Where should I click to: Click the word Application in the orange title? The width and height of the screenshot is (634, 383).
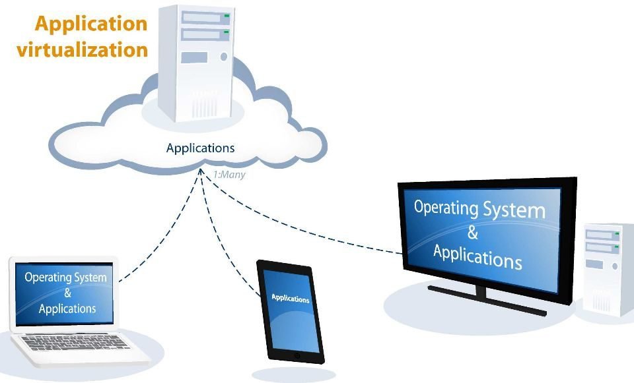[90, 23]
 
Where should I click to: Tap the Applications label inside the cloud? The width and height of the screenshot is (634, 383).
[200, 148]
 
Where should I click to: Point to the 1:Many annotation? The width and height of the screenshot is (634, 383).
[229, 175]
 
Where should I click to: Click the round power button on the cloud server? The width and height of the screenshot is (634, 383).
[223, 57]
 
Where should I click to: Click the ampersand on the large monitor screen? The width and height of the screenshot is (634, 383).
[472, 232]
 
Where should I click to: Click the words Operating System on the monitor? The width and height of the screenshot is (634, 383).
[479, 209]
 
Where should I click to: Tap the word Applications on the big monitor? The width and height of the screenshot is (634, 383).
[477, 254]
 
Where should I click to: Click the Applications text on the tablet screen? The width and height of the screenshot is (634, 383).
[291, 299]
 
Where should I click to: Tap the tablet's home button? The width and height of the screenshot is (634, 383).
[297, 356]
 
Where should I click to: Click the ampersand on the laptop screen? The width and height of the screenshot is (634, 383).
[67, 293]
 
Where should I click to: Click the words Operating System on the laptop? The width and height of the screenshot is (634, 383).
[65, 277]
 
